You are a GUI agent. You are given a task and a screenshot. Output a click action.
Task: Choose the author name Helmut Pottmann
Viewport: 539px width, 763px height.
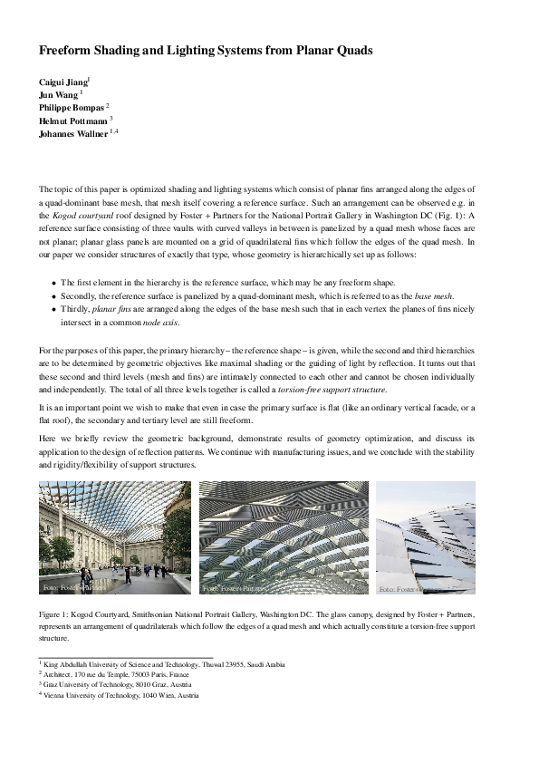coord(72,121)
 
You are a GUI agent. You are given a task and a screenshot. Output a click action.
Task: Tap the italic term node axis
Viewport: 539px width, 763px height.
coord(160,322)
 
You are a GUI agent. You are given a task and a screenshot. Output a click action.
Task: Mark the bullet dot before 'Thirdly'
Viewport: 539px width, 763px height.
coord(53,309)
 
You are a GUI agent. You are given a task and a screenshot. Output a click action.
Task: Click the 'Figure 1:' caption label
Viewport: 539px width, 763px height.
coord(57,613)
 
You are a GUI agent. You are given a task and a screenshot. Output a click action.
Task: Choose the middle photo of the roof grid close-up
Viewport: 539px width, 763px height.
coord(284,537)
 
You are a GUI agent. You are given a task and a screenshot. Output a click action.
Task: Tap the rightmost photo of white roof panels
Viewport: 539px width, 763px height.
coord(425,537)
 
